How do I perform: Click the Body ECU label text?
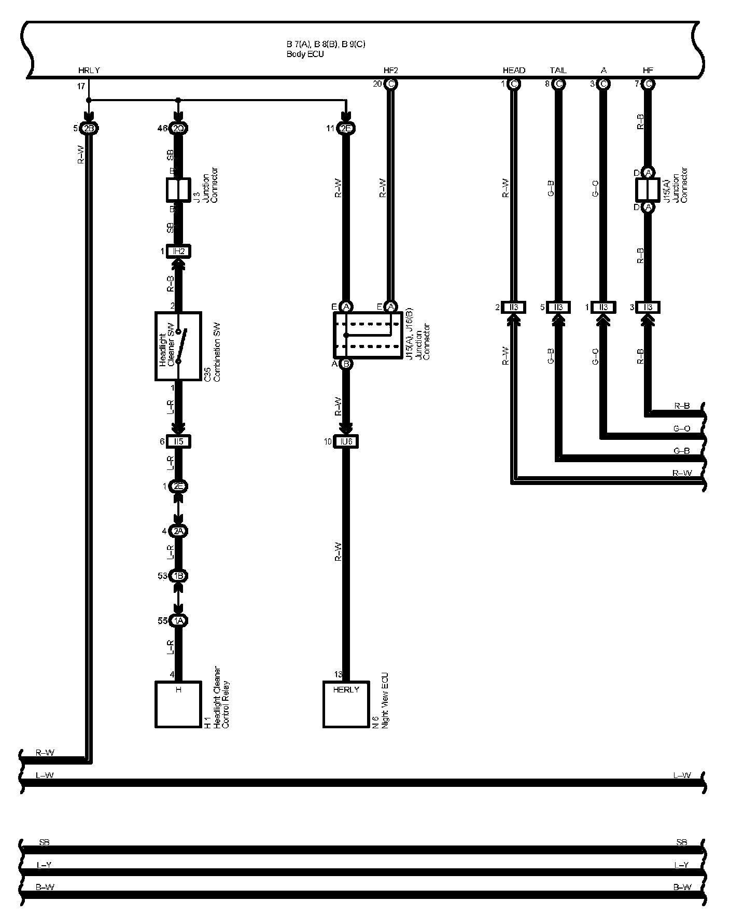tap(305, 54)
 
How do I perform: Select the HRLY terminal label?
tap(89, 71)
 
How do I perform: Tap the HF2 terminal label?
tap(390, 71)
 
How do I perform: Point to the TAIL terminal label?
tap(558, 71)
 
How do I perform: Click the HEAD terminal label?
tap(514, 71)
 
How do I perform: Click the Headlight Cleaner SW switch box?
tap(178, 346)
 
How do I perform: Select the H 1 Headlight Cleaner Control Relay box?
tap(178, 704)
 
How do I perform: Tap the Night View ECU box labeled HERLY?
tap(346, 704)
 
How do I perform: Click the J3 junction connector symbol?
tap(178, 190)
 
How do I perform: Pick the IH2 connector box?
tap(178, 252)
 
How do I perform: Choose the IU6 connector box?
tap(346, 442)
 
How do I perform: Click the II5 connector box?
tap(178, 442)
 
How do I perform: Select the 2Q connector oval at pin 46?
tap(178, 129)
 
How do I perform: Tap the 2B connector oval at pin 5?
tap(89, 129)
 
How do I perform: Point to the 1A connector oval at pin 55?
tap(178, 621)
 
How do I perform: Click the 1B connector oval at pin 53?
tap(178, 576)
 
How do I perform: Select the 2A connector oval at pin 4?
tap(178, 531)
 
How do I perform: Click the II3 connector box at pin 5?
tap(558, 308)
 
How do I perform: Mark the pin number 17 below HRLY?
tap(81, 87)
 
